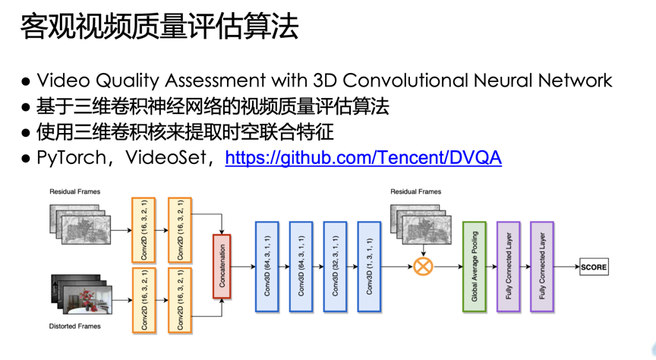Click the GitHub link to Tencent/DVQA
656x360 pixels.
pyautogui.click(x=363, y=157)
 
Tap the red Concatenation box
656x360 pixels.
pyautogui.click(x=222, y=267)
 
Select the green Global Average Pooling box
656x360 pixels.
pyautogui.click(x=475, y=267)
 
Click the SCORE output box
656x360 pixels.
pyautogui.click(x=594, y=267)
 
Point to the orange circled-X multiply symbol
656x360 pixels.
pyautogui.click(x=423, y=267)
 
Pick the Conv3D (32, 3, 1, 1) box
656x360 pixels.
pyautogui.click(x=335, y=267)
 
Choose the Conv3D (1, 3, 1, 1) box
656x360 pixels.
pyautogui.click(x=369, y=267)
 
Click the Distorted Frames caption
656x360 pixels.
pyautogui.click(x=75, y=326)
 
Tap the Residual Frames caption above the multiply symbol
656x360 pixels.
pyautogui.click(x=416, y=191)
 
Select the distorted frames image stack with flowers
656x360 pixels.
pyautogui.click(x=81, y=294)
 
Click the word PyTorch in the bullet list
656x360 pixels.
pyautogui.click(x=71, y=158)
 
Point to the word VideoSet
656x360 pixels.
pyautogui.click(x=166, y=158)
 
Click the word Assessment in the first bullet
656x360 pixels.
pyautogui.click(x=216, y=81)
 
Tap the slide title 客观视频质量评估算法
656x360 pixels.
pyautogui.click(x=159, y=26)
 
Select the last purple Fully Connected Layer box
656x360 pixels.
pyautogui.click(x=542, y=267)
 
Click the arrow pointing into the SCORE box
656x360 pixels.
pyautogui.click(x=567, y=267)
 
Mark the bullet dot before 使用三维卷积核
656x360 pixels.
pyautogui.click(x=26, y=133)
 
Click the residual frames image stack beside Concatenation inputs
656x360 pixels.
pyautogui.click(x=80, y=224)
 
